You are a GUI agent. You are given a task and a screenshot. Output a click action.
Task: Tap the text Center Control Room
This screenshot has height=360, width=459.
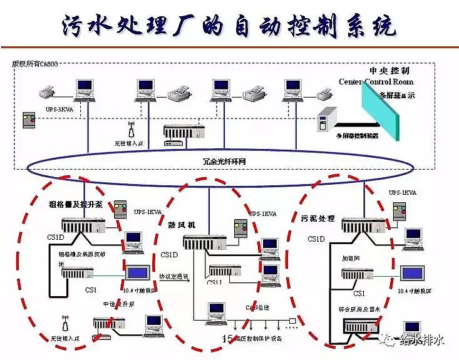tap(376, 82)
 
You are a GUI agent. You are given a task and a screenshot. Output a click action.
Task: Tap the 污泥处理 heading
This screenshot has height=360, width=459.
tap(318, 219)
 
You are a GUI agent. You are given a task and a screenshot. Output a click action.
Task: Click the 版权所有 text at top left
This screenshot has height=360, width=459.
tap(34, 64)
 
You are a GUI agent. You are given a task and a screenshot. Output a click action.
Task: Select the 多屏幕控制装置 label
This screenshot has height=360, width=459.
tap(357, 136)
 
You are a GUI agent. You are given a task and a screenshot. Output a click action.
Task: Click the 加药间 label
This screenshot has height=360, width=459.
tap(349, 257)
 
